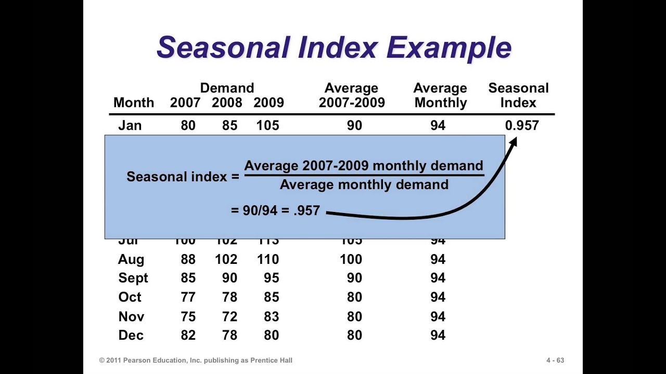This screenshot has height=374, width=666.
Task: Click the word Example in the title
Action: coord(449,48)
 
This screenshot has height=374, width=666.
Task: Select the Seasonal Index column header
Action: coord(518,96)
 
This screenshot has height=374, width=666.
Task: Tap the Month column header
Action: coord(134,103)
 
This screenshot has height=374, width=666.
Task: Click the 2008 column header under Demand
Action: coord(227,103)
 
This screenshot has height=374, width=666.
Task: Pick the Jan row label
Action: coord(130,126)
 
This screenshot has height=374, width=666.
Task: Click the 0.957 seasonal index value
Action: coord(522,126)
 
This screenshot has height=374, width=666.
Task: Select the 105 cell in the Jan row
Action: coord(267,126)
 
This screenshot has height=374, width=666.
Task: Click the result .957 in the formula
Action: coord(306,211)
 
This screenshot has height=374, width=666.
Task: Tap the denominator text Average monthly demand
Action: coord(364,185)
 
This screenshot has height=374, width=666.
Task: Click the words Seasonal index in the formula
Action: coord(177,177)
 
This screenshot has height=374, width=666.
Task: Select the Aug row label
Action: coord(131,259)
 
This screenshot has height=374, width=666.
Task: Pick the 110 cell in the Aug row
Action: coord(267,259)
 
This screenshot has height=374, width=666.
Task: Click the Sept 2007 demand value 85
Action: coord(188,278)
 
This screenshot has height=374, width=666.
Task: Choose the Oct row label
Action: coord(130,297)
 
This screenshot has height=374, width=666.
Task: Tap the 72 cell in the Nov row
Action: coord(229,316)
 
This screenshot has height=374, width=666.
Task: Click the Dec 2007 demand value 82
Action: coord(188,336)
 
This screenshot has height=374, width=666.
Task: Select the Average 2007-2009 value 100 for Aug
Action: coord(351,259)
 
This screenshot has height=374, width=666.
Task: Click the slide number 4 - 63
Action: coord(555,360)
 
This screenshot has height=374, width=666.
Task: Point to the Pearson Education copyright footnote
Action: coord(196,360)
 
